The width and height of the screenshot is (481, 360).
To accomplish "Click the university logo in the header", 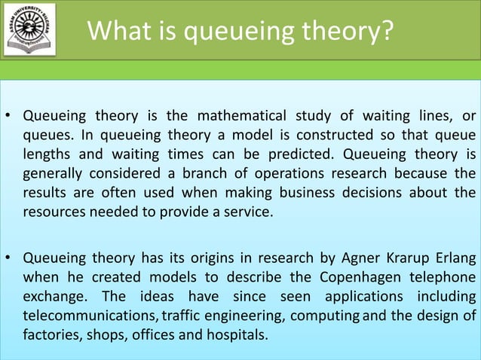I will (31, 31).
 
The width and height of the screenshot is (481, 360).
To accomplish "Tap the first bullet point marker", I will (8, 117).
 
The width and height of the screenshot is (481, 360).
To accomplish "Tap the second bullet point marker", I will (8, 260).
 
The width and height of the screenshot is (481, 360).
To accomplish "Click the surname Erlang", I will (453, 259).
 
